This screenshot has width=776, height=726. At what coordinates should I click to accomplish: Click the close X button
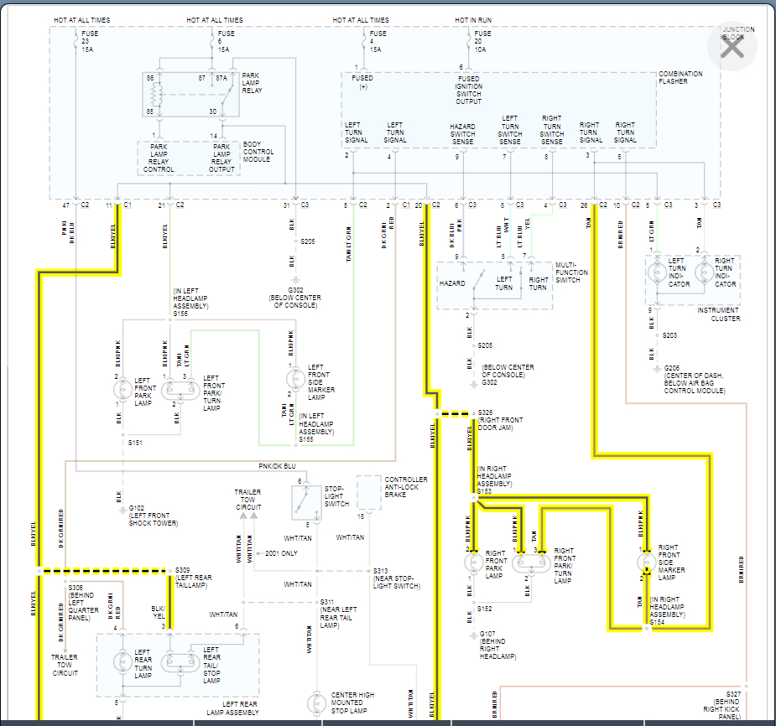point(732,47)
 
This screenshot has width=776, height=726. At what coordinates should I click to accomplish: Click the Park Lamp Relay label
point(251,82)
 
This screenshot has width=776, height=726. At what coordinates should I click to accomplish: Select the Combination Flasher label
point(680,78)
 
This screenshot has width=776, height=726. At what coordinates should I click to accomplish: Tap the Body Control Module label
point(258,153)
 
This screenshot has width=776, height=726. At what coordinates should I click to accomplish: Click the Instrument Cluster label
point(718,314)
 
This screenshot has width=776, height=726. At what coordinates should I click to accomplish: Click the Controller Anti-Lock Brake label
point(406,485)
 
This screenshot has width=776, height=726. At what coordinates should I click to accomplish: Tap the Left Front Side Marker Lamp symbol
point(294,379)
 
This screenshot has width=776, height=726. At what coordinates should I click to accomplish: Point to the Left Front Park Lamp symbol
point(122,388)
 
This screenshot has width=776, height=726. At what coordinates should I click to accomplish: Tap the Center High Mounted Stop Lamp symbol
point(317,703)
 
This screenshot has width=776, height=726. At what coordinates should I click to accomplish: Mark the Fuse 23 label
point(86,42)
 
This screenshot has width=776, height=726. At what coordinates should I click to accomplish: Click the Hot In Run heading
point(474,20)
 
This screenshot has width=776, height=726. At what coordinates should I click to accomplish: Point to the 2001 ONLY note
point(280,553)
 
